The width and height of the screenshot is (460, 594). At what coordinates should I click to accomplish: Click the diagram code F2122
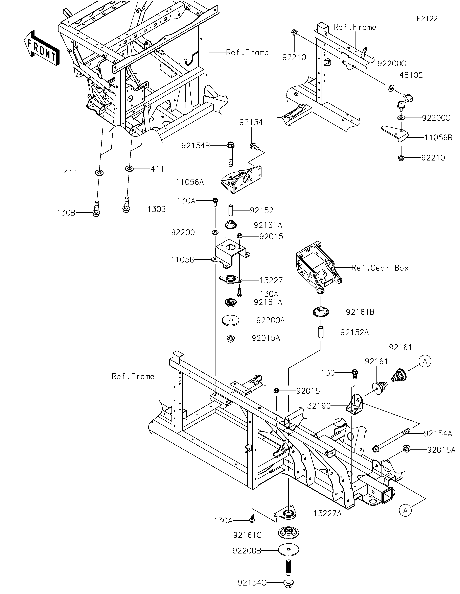427,19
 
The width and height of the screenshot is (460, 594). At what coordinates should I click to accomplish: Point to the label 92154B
196,146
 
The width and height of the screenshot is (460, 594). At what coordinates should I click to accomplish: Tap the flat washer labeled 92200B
288,550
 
